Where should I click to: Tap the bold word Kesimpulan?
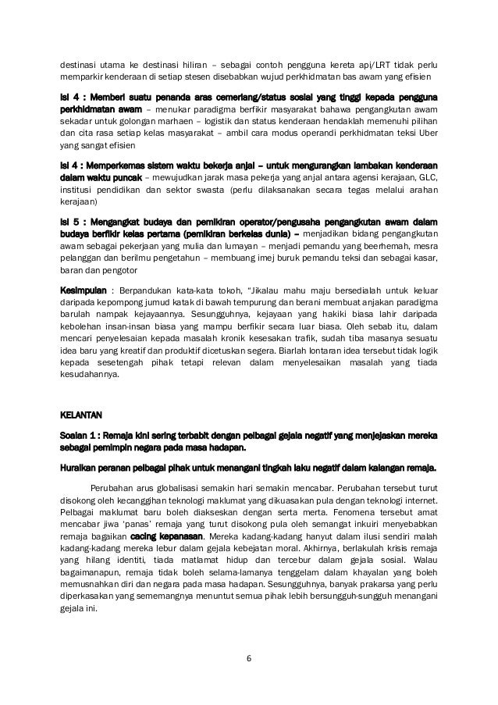coord(84,289)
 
